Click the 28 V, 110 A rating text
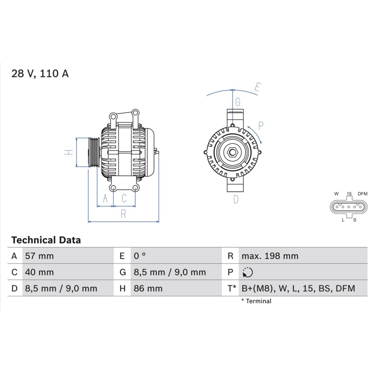pyautogui.click(x=40, y=73)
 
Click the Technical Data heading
pyautogui.click(x=46, y=240)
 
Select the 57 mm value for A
pyautogui.click(x=39, y=256)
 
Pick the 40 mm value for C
pyautogui.click(x=39, y=273)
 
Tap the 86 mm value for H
pyautogui.click(x=148, y=289)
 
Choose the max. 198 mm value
pyautogui.click(x=270, y=256)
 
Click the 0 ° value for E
pyautogui.click(x=140, y=256)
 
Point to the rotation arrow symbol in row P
pyautogui.click(x=248, y=273)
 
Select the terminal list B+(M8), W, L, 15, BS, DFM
pyautogui.click(x=298, y=289)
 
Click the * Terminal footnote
pyautogui.click(x=257, y=301)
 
